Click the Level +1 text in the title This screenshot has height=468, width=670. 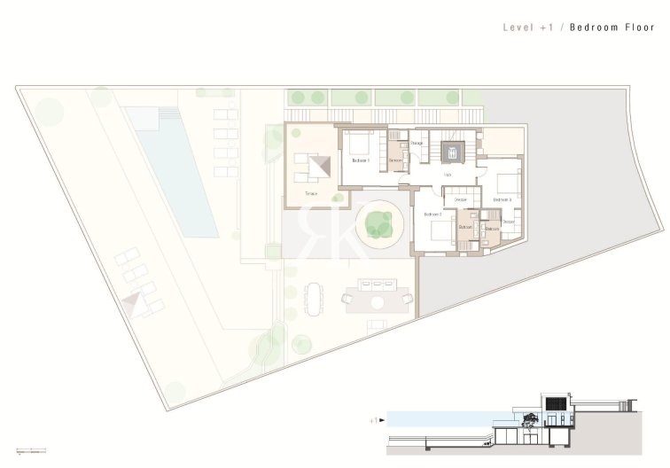tap(528, 27)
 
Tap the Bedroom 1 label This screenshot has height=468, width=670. tap(361, 160)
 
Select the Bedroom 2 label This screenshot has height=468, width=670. tap(432, 214)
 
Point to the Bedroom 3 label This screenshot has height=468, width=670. tap(502, 200)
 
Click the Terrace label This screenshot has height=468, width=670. tap(311, 192)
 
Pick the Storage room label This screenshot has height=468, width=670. tap(417, 143)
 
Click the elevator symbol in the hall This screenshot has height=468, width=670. tap(453, 152)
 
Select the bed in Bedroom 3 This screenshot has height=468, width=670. tap(508, 183)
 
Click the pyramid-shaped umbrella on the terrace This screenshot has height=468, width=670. tap(323, 165)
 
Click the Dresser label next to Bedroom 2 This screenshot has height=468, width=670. tap(461, 200)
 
